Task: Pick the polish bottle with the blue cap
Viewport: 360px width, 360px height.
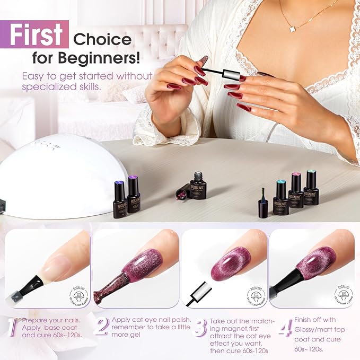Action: click(280, 197)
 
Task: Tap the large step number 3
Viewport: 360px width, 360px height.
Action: click(199, 328)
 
